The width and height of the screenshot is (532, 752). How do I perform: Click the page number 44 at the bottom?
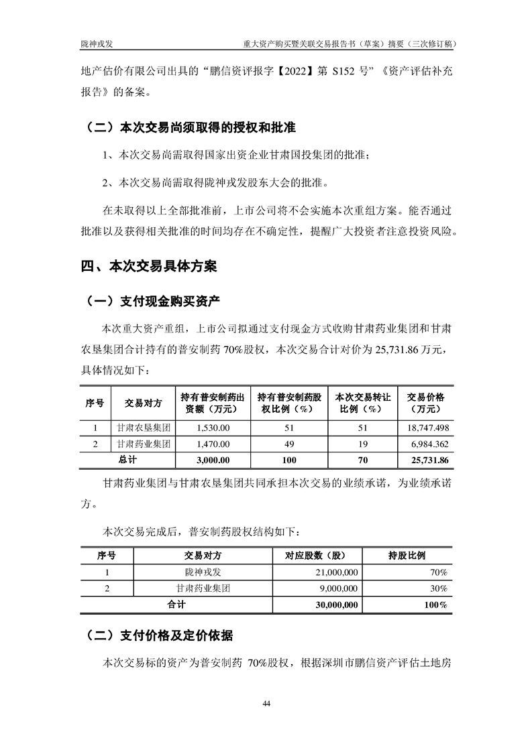point(266,703)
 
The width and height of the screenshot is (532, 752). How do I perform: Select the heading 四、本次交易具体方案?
point(149,266)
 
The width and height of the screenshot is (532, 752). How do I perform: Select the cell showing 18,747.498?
point(425,427)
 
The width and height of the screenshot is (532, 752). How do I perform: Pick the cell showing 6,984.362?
point(427,443)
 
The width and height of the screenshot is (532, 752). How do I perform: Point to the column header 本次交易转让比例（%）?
point(357,402)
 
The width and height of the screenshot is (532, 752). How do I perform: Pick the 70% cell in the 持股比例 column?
point(439,572)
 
